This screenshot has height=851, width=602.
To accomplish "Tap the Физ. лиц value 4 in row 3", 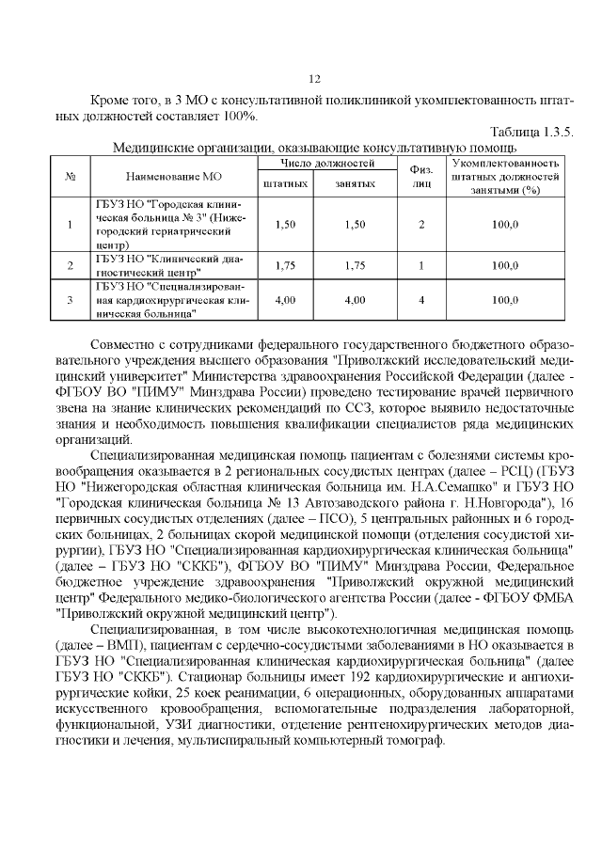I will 421,300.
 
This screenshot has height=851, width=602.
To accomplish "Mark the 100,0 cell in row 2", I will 505,266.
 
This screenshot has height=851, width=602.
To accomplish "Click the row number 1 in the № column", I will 71,224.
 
